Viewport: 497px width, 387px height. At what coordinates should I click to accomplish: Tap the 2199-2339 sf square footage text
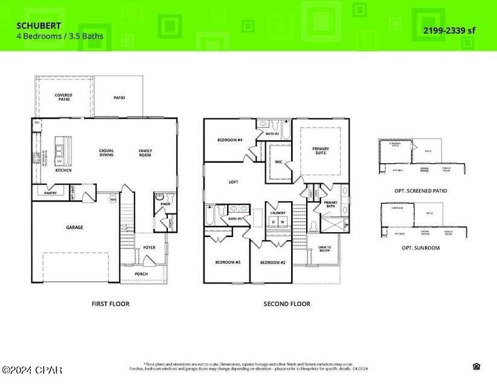(450, 30)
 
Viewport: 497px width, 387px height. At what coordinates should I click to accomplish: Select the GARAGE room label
(74, 227)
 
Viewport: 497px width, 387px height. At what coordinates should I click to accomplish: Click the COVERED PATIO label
(63, 97)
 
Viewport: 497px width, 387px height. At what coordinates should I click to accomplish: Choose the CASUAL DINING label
(107, 153)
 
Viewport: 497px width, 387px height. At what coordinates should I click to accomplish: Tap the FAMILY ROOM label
(145, 153)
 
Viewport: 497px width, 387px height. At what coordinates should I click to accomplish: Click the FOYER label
(149, 247)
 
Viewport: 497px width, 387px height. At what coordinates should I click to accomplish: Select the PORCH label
(141, 274)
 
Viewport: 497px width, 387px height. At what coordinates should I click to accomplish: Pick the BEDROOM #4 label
(229, 140)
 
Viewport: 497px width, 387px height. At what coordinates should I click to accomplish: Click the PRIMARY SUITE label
(321, 151)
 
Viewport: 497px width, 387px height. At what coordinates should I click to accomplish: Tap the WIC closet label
(278, 162)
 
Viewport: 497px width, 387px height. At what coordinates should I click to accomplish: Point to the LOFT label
(234, 181)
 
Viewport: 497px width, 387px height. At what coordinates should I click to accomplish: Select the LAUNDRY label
(278, 213)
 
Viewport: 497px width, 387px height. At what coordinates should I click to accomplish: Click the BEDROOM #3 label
(228, 262)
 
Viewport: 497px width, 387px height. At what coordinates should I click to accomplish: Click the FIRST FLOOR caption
(110, 304)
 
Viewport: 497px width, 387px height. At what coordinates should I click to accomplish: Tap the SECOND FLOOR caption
(287, 304)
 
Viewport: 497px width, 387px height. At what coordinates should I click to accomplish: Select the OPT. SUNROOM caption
(420, 248)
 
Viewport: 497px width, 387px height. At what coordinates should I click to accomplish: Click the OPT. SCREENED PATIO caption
(420, 190)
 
